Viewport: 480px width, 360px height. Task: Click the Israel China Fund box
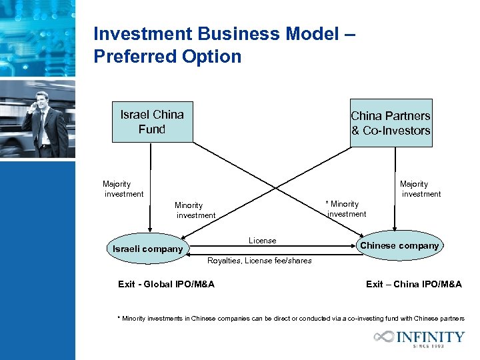click(152, 122)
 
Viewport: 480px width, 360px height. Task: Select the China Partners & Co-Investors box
click(391, 123)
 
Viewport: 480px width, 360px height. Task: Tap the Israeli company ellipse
click(147, 249)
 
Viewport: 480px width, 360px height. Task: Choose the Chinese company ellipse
click(399, 245)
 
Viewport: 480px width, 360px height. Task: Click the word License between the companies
click(262, 240)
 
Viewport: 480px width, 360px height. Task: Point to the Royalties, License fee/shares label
click(259, 261)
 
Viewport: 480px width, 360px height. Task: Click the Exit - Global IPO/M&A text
click(166, 285)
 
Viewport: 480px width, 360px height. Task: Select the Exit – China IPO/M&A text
click(413, 285)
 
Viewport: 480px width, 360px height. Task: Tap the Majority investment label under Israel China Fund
click(123, 189)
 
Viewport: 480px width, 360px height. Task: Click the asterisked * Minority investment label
click(345, 209)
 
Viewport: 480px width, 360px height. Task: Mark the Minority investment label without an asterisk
click(195, 210)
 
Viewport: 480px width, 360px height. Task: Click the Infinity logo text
click(430, 337)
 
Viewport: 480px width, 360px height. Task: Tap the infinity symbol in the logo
click(385, 337)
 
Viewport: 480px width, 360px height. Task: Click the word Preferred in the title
click(127, 57)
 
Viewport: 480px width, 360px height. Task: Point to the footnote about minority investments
click(290, 319)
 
